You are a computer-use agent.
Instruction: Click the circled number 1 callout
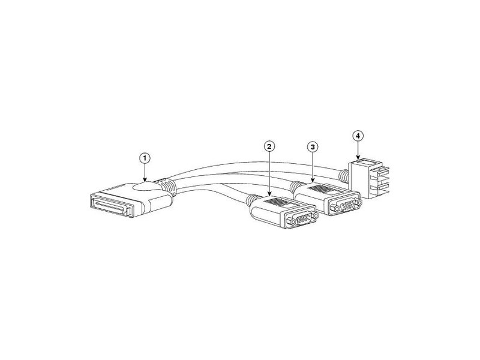[x=145, y=158]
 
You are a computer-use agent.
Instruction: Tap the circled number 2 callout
[x=269, y=146]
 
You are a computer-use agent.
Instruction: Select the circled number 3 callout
[x=313, y=147]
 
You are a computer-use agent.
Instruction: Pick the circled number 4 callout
[x=358, y=136]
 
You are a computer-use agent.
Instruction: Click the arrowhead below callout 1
[x=145, y=181]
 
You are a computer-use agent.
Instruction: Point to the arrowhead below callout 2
[x=269, y=193]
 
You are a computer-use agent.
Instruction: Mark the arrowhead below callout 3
[x=313, y=181]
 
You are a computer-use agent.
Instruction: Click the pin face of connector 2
[x=301, y=219]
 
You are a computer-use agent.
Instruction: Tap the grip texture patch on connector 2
[x=278, y=202]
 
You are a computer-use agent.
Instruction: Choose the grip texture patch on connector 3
[x=322, y=188]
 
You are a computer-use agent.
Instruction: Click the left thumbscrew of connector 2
[x=290, y=221]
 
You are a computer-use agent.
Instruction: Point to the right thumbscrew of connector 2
[x=316, y=216]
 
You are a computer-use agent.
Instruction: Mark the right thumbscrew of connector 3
[x=359, y=202]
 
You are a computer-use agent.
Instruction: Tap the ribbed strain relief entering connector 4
[x=343, y=176]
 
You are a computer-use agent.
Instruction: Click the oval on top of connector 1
[x=145, y=187]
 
